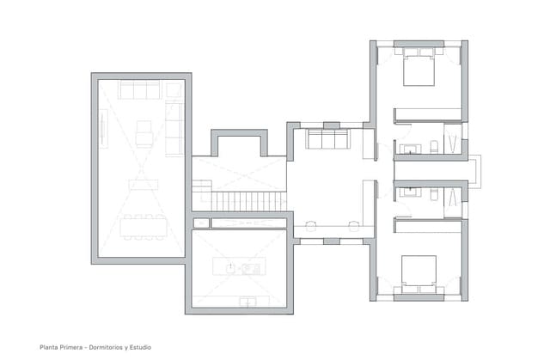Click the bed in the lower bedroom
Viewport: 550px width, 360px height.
point(419,272)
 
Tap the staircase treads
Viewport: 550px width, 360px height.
point(248,201)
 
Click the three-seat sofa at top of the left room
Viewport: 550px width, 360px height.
point(139,89)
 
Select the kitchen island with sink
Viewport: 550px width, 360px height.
point(238,268)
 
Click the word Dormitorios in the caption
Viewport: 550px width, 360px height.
point(112,348)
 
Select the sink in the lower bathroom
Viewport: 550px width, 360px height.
point(410,192)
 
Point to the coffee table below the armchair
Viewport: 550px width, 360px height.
point(143,183)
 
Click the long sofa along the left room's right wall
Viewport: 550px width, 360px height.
point(174,127)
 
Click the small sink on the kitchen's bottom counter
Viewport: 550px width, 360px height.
point(248,301)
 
